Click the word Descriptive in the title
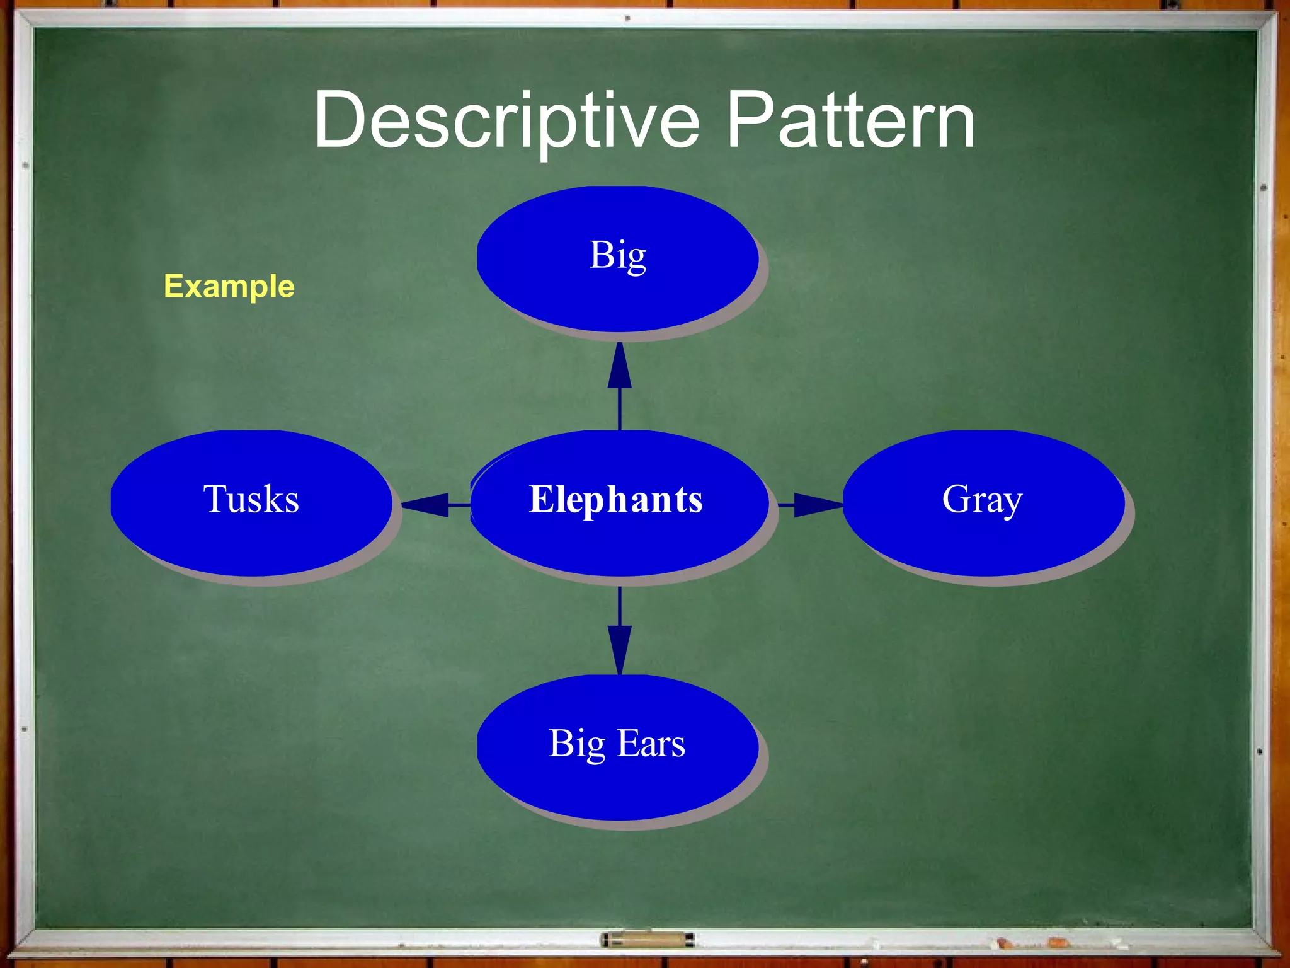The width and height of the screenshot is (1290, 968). click(x=507, y=121)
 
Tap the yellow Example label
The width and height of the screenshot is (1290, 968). click(x=229, y=287)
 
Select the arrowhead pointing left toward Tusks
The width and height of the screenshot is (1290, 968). click(x=426, y=505)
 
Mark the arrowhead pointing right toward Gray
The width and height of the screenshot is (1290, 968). click(x=818, y=505)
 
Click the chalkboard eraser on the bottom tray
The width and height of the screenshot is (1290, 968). click(x=647, y=940)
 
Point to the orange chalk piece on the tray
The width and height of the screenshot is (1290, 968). click(x=1058, y=942)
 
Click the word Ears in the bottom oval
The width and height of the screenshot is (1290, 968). click(x=651, y=744)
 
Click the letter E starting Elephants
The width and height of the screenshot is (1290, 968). click(x=540, y=499)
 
